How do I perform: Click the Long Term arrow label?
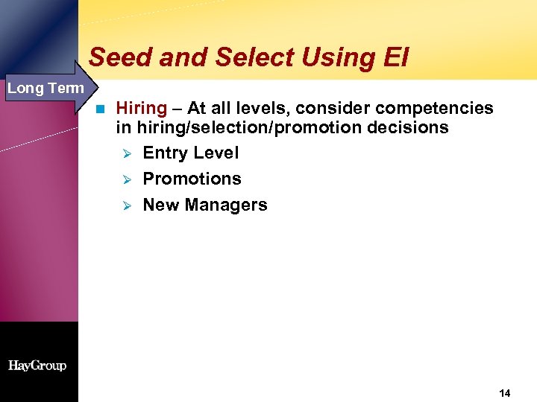click(x=45, y=89)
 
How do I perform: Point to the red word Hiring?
click(x=142, y=109)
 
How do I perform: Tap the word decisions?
click(x=408, y=128)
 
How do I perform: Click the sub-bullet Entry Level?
click(x=191, y=153)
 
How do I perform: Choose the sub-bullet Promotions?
click(x=192, y=179)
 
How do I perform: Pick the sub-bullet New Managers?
click(x=204, y=205)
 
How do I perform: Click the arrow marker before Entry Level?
click(x=126, y=154)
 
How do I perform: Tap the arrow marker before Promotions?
click(x=126, y=180)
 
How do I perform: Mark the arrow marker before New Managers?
click(x=126, y=206)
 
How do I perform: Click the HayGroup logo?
click(x=37, y=366)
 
